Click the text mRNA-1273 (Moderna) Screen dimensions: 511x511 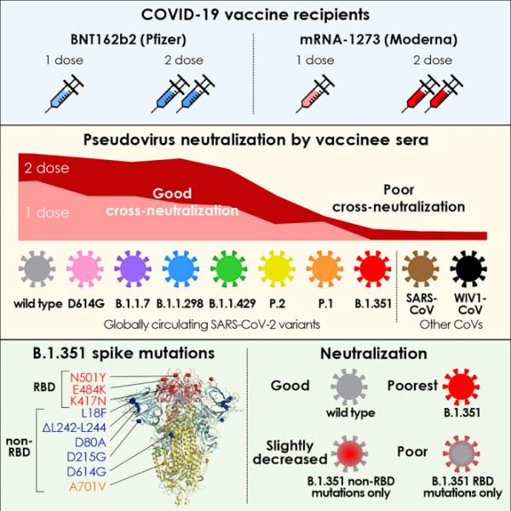[x=376, y=39]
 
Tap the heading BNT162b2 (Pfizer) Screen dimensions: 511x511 [x=129, y=39]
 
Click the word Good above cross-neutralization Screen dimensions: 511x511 [x=173, y=194]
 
